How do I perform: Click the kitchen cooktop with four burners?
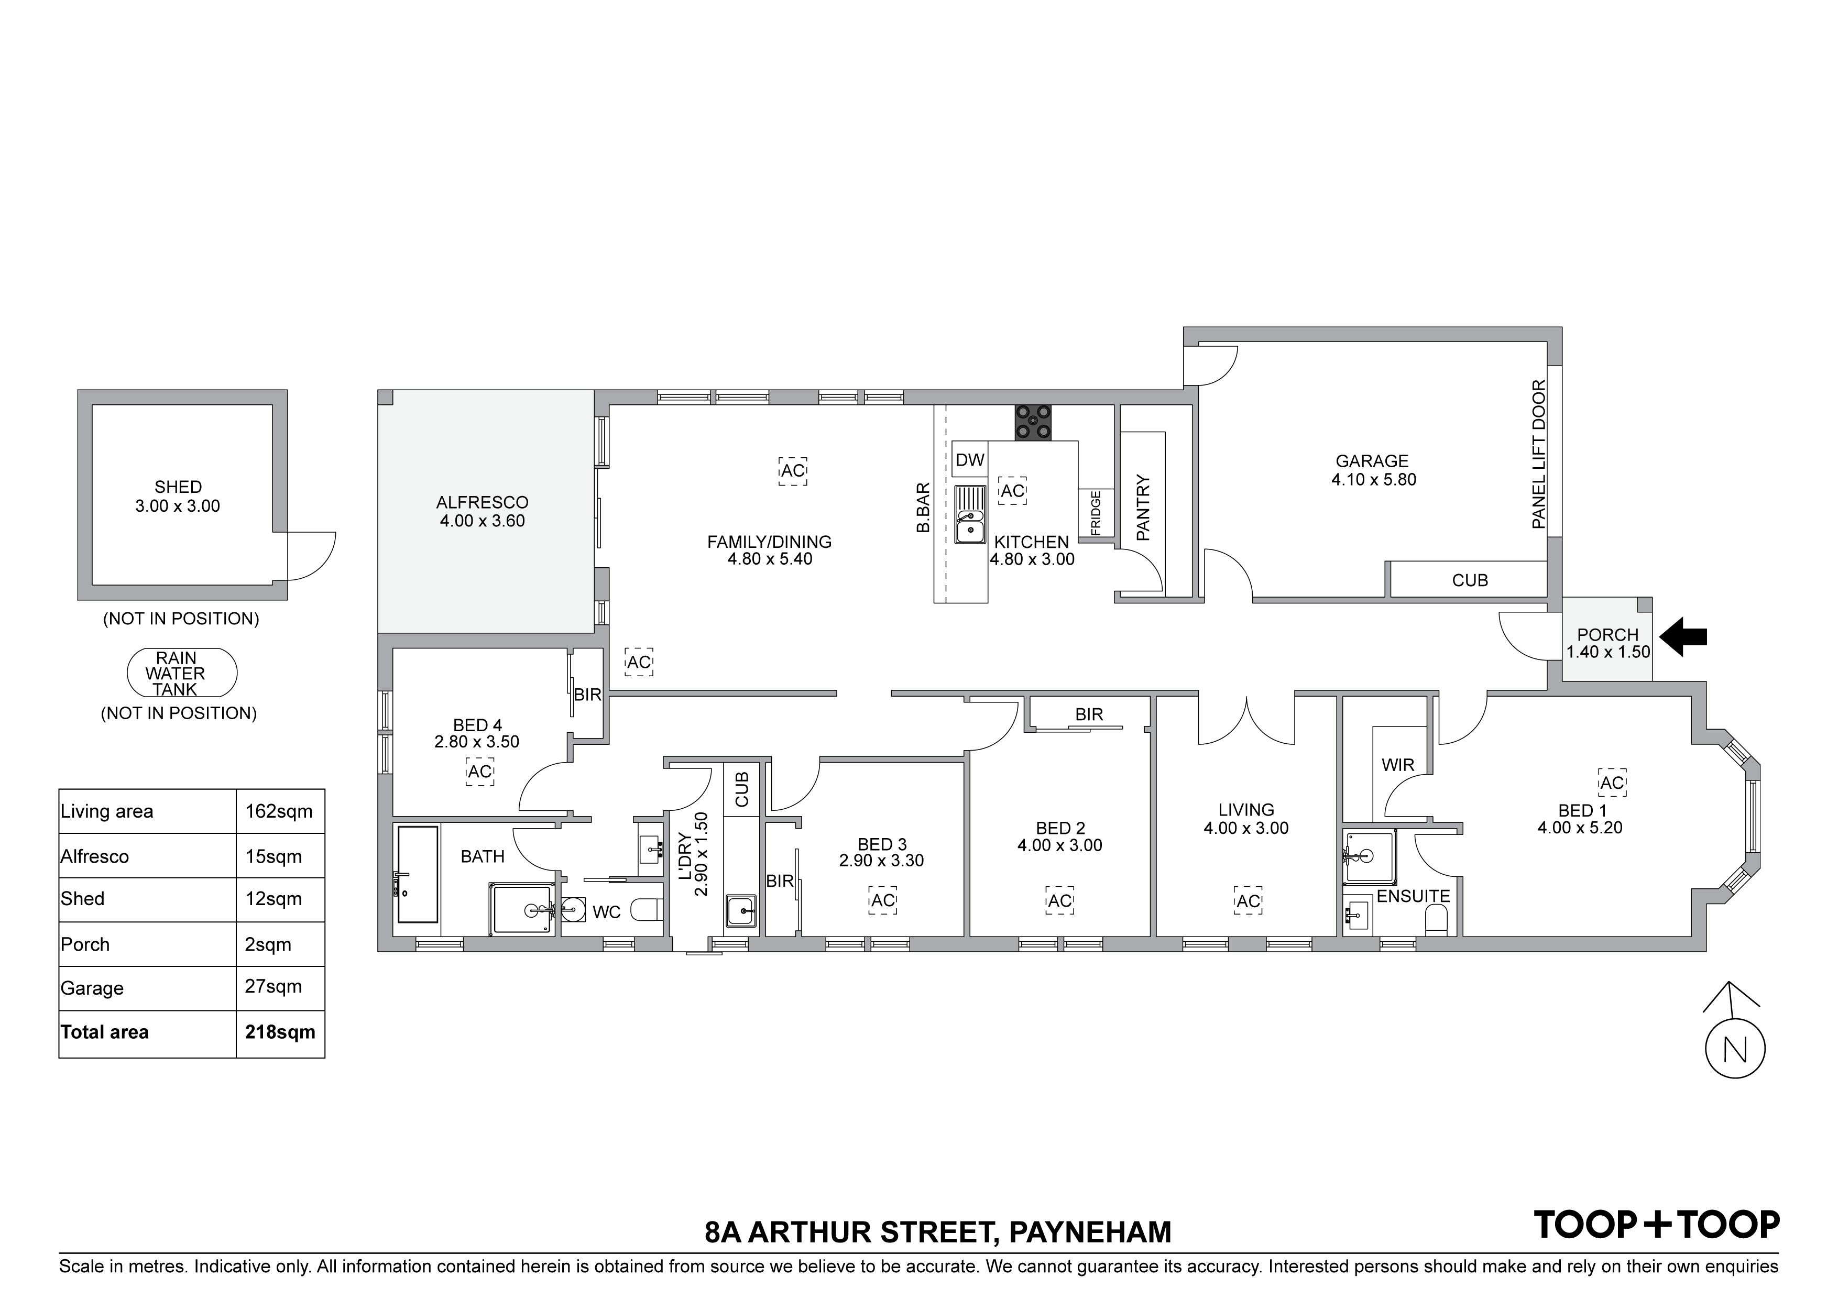[1033, 423]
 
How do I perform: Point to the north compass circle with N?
[1735, 1049]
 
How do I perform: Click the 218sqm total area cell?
[280, 1032]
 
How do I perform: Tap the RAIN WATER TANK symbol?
[182, 673]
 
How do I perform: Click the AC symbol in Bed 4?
[479, 772]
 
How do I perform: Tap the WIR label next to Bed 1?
[1398, 765]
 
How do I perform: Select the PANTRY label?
[1143, 508]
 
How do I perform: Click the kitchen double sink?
[969, 515]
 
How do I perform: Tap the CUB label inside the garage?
[1470, 580]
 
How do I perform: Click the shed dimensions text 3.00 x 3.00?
[178, 506]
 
